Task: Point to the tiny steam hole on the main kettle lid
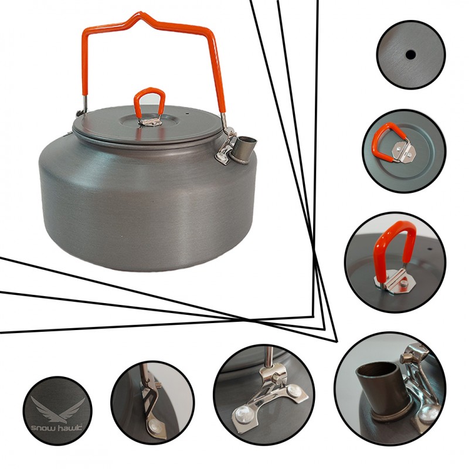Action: (187, 114)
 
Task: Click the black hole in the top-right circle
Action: (410, 55)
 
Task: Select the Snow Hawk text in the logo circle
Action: (57, 428)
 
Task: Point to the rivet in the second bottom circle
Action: (154, 424)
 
